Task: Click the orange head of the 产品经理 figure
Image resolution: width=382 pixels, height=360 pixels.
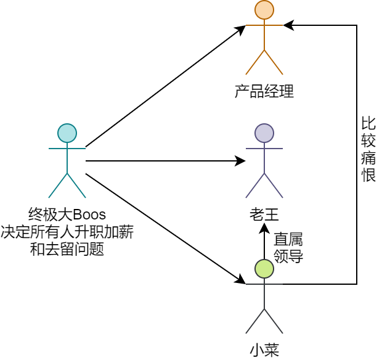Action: click(x=264, y=10)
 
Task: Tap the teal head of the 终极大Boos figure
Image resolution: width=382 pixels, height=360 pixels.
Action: click(x=67, y=133)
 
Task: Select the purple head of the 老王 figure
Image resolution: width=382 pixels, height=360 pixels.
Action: click(x=264, y=133)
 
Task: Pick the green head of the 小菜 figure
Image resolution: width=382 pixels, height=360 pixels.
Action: click(x=264, y=269)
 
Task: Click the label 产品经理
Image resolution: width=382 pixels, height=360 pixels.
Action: click(x=264, y=92)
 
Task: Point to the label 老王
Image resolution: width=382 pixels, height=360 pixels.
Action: click(x=264, y=215)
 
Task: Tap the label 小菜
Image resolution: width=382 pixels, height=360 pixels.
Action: click(x=264, y=350)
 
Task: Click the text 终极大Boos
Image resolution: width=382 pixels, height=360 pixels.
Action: click(x=67, y=215)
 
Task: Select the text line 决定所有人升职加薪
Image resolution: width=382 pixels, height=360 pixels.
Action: click(x=67, y=232)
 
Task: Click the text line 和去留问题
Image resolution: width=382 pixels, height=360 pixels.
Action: click(x=67, y=249)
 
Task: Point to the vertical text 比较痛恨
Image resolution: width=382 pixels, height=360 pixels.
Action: click(x=368, y=149)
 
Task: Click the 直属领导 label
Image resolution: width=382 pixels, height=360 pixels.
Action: click(x=288, y=248)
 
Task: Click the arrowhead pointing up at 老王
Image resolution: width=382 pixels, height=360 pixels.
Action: click(x=264, y=227)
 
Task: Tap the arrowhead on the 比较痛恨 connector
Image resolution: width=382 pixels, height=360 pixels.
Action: click(x=288, y=25)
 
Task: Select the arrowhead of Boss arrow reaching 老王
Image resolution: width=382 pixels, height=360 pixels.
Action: click(x=241, y=161)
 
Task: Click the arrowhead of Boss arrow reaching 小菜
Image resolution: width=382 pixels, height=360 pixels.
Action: click(x=242, y=280)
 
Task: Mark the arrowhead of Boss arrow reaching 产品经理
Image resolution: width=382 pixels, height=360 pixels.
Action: click(x=242, y=29)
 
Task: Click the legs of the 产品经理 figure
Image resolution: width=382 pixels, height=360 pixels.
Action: click(x=264, y=62)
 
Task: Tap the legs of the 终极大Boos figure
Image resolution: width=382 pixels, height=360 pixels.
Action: click(x=67, y=186)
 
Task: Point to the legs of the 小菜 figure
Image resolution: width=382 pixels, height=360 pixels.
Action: click(x=264, y=321)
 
